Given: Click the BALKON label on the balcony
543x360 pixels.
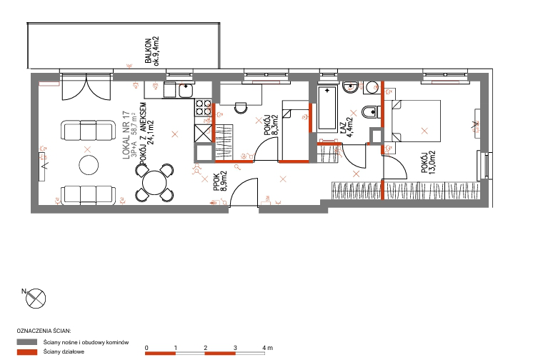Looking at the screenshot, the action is pyautogui.click(x=148, y=51).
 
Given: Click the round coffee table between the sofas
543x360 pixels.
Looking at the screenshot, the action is pyautogui.click(x=89, y=165).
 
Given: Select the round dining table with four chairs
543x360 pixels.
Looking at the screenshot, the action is pyautogui.click(x=154, y=183).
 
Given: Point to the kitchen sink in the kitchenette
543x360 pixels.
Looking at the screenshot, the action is pyautogui.click(x=186, y=90).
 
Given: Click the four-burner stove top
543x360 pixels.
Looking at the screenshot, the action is pyautogui.click(x=203, y=107).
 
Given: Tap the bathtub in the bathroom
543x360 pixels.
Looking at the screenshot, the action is pyautogui.click(x=327, y=108).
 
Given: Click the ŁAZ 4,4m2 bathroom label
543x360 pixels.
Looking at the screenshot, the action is pyautogui.click(x=346, y=127).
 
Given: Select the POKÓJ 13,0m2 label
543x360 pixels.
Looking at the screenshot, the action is pyautogui.click(x=428, y=161).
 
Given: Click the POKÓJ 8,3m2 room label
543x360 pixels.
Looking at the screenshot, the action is pyautogui.click(x=271, y=125).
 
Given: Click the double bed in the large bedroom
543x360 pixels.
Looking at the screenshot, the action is pyautogui.click(x=416, y=121).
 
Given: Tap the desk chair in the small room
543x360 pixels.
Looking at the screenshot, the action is pyautogui.click(x=241, y=107).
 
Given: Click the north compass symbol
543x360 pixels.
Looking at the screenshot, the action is pyautogui.click(x=36, y=298).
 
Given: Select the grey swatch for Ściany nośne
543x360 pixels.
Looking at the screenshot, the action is pyautogui.click(x=27, y=342).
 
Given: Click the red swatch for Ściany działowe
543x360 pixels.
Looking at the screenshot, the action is pyautogui.click(x=27, y=352).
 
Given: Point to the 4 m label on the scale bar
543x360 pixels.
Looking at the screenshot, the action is pyautogui.click(x=267, y=348).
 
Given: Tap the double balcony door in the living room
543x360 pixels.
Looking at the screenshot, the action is pyautogui.click(x=86, y=87).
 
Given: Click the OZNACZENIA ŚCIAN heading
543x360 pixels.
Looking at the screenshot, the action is pyautogui.click(x=44, y=331).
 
